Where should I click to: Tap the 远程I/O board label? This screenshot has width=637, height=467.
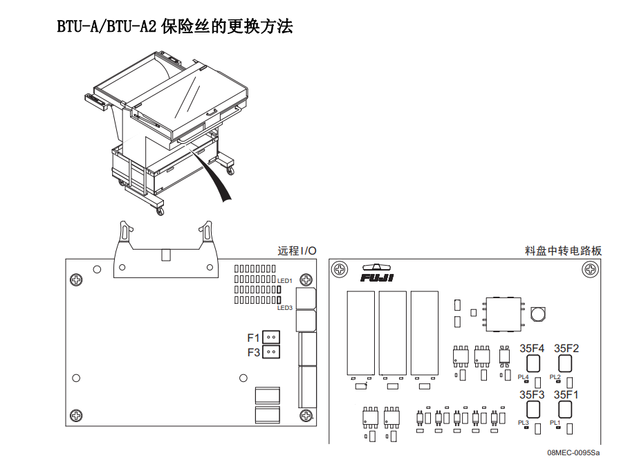point(297,250)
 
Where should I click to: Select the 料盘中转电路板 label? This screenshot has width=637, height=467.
point(563,250)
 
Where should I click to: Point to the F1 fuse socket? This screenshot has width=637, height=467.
point(272,338)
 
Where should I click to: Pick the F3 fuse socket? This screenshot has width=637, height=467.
point(272,352)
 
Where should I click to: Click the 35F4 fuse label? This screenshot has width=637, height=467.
point(532,349)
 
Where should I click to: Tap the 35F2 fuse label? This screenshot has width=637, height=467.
point(566,349)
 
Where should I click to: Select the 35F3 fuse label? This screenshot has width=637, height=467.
point(532,394)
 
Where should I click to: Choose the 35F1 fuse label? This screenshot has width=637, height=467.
point(566,394)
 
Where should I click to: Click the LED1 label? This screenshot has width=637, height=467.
point(285,281)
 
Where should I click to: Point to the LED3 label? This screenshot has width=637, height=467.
point(285,308)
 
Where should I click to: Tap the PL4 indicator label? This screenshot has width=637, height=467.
point(523,377)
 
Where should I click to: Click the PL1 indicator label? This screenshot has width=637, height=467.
point(555,422)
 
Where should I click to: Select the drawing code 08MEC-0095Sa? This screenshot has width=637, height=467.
point(574,453)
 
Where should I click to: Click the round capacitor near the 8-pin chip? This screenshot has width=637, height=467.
point(537,315)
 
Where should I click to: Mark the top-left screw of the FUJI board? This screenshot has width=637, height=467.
point(339,268)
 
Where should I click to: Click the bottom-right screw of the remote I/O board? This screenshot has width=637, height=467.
point(306,415)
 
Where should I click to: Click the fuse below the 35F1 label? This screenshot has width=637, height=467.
point(564,410)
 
